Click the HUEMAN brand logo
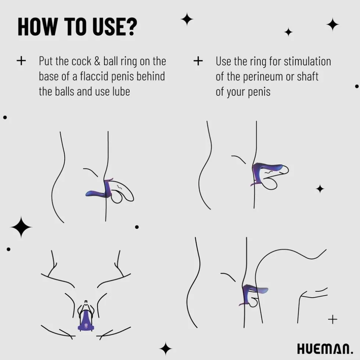coord(325,349)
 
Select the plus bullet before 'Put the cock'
coord(21,61)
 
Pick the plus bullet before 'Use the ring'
coord(198,61)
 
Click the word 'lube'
coord(121,91)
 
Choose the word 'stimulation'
coord(307,62)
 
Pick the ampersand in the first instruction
coord(97,61)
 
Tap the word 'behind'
coord(151,76)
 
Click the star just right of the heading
coord(187,19)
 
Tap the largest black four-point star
coord(21,227)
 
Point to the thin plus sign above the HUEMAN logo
coord(332,319)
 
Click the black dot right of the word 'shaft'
coord(357,86)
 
